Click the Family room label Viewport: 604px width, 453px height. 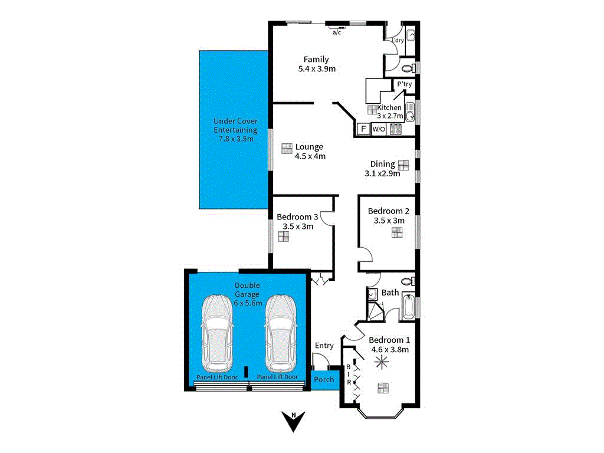pyautogui.click(x=316, y=60)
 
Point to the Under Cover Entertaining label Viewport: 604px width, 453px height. pyautogui.click(x=235, y=130)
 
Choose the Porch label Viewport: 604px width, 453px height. pyautogui.click(x=324, y=380)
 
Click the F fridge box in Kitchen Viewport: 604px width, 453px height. pyautogui.click(x=363, y=129)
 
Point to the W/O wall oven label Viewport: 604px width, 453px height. pyautogui.click(x=378, y=129)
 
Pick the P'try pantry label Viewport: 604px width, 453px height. pyautogui.click(x=404, y=85)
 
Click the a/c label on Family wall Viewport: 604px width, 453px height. pyautogui.click(x=337, y=32)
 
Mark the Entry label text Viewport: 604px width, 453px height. pyautogui.click(x=324, y=346)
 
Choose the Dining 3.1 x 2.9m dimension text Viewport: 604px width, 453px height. pyautogui.click(x=382, y=173)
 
